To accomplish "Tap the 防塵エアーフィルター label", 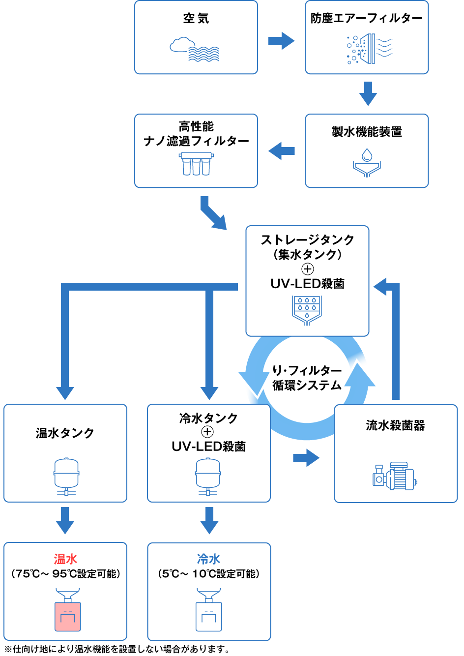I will pyautogui.click(x=366, y=19).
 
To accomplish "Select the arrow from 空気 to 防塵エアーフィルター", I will pyautogui.click(x=281, y=41).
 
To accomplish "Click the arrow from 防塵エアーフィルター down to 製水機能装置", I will pyautogui.click(x=368, y=93).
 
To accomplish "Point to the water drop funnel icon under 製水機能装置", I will pyautogui.click(x=367, y=163).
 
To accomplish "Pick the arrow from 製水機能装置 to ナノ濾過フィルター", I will pyautogui.click(x=282, y=151).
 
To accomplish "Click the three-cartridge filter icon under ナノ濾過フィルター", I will pyautogui.click(x=196, y=164).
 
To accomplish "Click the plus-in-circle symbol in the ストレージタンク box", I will pyautogui.click(x=307, y=269).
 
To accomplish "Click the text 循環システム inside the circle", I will pyautogui.click(x=307, y=386).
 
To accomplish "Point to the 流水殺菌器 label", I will pyautogui.click(x=395, y=426).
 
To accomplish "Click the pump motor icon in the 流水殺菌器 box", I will pyautogui.click(x=394, y=476).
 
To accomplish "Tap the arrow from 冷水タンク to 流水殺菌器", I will pyautogui.click(x=306, y=458).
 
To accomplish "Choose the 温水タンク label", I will pyautogui.click(x=65, y=433).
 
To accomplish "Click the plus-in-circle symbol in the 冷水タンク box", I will pyautogui.click(x=207, y=432).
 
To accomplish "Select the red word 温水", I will pyautogui.click(x=65, y=559).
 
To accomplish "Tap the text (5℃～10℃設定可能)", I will pyautogui.click(x=209, y=574).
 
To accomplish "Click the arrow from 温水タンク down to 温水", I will pyautogui.click(x=65, y=520).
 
